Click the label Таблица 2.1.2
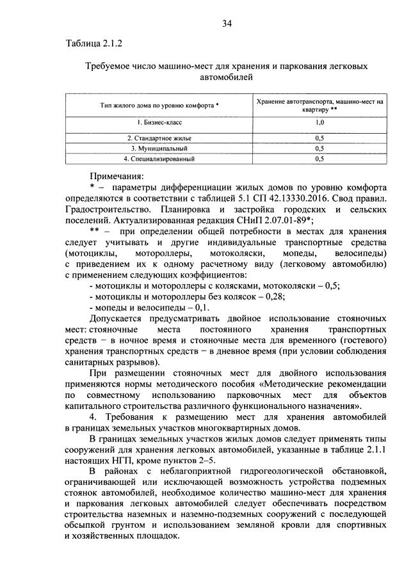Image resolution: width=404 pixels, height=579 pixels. point(93,44)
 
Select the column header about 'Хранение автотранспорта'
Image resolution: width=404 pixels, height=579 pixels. point(319,104)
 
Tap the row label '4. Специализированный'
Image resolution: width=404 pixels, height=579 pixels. point(159,157)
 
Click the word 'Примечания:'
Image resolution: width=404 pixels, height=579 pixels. point(117,175)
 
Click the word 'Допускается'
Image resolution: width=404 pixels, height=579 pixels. point(121,318)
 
